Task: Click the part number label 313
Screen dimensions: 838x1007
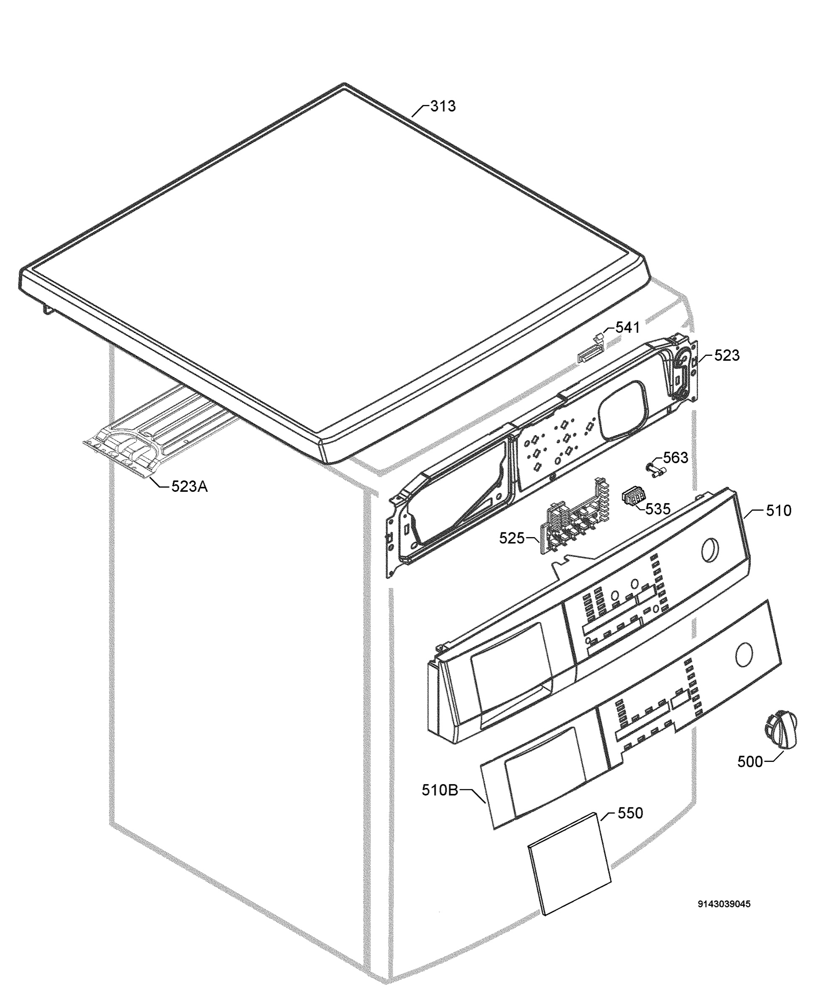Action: [x=442, y=106]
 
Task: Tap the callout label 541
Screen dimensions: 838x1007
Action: [x=627, y=328]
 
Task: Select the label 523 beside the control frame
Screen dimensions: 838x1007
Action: [x=727, y=355]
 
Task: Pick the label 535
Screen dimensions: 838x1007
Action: [x=657, y=509]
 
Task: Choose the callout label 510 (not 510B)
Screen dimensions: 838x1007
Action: [x=778, y=511]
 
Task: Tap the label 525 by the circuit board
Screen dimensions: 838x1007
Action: [x=512, y=538]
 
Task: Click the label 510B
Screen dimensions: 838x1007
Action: [x=440, y=790]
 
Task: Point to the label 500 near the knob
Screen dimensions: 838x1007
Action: [x=750, y=762]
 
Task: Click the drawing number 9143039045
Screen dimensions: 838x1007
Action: [x=724, y=904]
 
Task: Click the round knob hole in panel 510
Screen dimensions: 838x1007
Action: [x=710, y=550]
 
